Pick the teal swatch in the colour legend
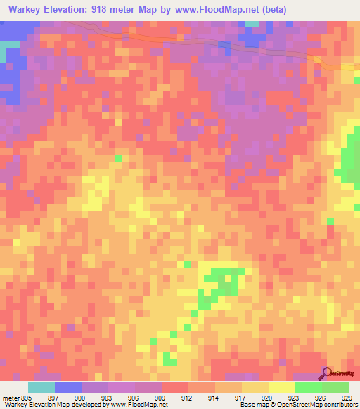pyautogui.click(x=41, y=387)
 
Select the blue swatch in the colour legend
pyautogui.click(x=68, y=387)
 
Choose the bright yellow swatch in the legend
pyautogui.click(x=282, y=387)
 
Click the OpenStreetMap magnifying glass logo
pyautogui.click(x=327, y=373)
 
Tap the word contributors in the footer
pyautogui.click(x=338, y=405)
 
